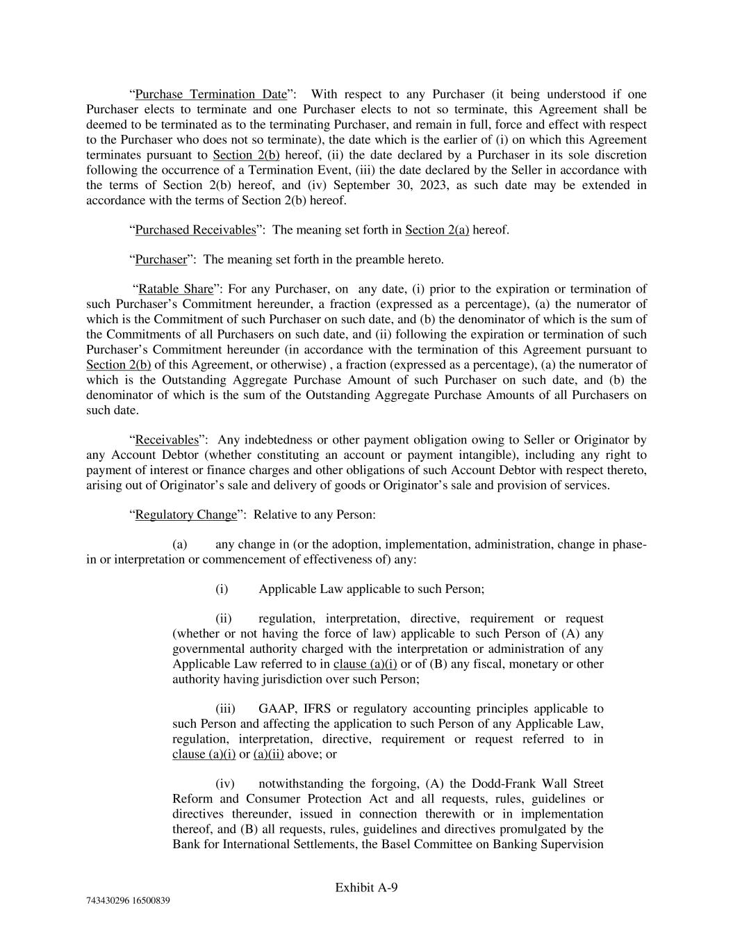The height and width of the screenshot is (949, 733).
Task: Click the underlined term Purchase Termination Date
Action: [x=211, y=95]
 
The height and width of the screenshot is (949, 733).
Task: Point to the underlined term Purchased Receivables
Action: [x=195, y=230]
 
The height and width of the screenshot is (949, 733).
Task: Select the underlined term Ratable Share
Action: [x=176, y=289]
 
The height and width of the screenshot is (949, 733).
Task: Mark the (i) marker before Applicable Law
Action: [x=222, y=590]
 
